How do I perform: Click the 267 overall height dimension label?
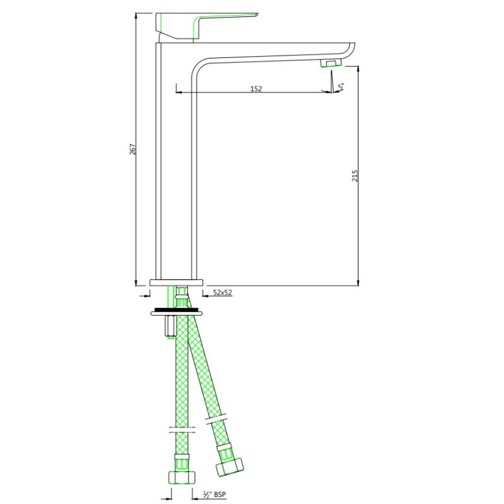click(x=132, y=149)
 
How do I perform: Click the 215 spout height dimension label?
click(x=355, y=176)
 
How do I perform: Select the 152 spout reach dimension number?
click(x=256, y=88)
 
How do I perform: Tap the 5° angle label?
click(x=341, y=86)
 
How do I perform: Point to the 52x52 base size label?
click(x=222, y=292)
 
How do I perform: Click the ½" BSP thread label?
click(x=214, y=494)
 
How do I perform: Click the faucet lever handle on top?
click(x=206, y=26)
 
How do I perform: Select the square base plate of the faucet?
click(x=176, y=282)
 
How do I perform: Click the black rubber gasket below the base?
click(x=176, y=310)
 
